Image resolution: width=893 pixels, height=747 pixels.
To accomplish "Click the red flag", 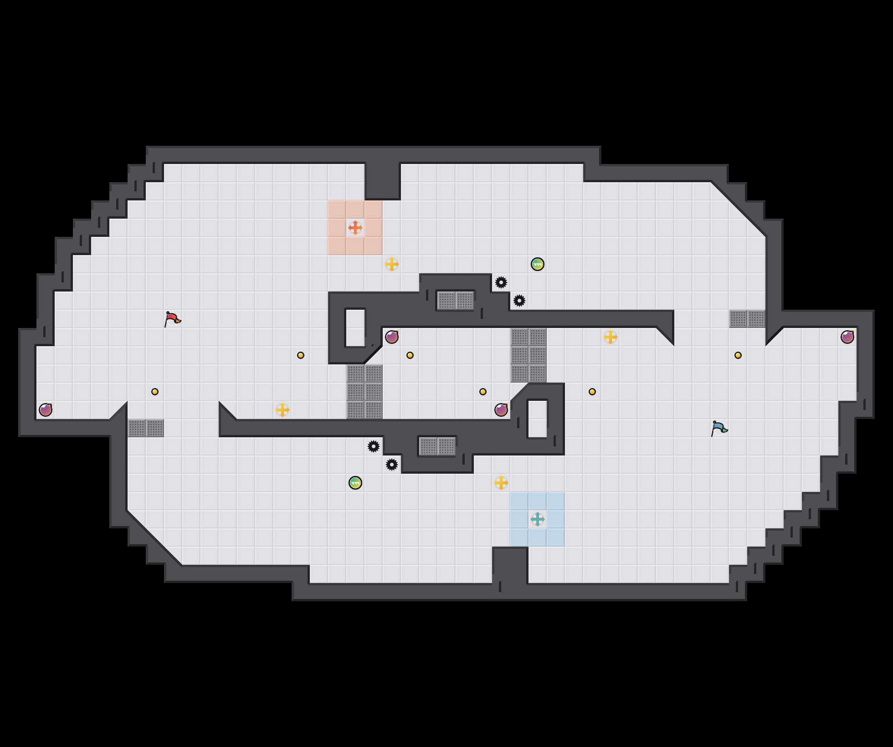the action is [x=172, y=319].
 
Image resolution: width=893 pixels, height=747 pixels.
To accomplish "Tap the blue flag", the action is [x=719, y=428].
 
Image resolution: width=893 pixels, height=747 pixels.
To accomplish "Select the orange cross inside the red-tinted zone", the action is [x=355, y=228].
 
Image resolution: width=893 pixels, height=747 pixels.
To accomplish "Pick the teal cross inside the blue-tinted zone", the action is [x=538, y=519].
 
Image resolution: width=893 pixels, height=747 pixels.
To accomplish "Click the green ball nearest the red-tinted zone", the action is [x=538, y=264].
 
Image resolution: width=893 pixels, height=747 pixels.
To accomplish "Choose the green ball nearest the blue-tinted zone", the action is [x=355, y=483].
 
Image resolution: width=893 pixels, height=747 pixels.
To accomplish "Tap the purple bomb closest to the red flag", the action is [x=46, y=410].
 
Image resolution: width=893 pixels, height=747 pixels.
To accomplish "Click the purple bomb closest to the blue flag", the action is [x=847, y=337].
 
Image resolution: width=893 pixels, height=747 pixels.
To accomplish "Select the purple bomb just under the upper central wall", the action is [x=392, y=337].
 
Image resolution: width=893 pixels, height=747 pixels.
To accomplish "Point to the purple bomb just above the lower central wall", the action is [x=501, y=410].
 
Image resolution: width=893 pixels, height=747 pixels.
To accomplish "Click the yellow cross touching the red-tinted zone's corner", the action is [x=392, y=264].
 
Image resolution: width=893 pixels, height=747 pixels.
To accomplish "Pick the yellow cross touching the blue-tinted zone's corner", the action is [x=501, y=483].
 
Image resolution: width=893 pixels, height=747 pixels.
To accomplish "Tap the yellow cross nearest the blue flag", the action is [x=611, y=337].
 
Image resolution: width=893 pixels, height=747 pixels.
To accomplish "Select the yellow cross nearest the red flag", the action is [x=282, y=410].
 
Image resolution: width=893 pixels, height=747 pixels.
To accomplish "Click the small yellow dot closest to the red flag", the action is [x=155, y=392].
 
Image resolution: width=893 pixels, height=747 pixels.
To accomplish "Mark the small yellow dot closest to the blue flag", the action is [x=738, y=355].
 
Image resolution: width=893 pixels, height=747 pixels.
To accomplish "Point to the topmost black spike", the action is [x=501, y=282].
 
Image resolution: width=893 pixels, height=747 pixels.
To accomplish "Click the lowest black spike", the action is [x=392, y=465].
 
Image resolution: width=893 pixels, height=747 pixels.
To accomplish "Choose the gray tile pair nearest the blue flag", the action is [x=747, y=319].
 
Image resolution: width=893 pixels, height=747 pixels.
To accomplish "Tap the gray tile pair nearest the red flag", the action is [x=146, y=428].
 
